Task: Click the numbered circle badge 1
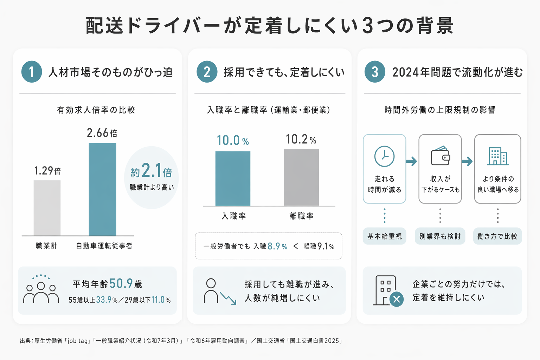point(32,72)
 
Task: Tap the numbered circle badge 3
point(375,72)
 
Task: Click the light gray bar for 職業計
point(47,208)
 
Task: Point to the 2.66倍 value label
point(102,133)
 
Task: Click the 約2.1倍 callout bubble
point(152,177)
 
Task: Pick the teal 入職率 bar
point(233,178)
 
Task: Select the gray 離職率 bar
point(301,177)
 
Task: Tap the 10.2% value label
point(301,140)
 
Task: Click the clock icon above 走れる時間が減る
point(384,156)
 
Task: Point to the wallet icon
point(441,156)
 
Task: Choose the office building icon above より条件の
point(497,156)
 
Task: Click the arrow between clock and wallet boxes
point(412,161)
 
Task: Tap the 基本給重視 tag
point(384,236)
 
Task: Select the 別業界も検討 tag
point(440,236)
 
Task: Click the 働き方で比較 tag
point(497,236)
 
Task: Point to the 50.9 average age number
point(121,283)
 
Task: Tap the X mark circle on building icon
point(397,300)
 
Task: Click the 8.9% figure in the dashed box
point(277,246)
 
